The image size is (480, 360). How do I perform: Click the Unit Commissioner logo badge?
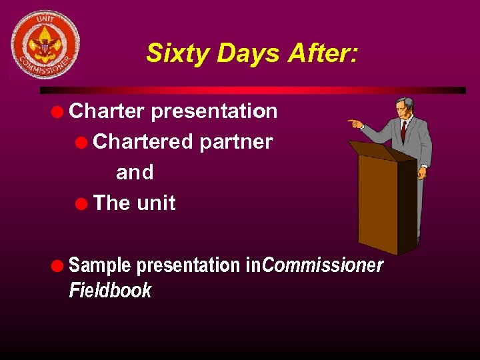click(45, 45)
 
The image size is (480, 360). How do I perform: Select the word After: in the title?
click(323, 53)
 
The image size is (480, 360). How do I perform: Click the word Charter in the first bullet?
click(107, 111)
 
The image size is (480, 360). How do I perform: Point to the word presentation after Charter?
click(214, 111)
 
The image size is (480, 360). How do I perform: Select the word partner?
click(235, 141)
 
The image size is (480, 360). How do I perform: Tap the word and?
click(135, 172)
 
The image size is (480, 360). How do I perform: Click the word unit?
click(156, 203)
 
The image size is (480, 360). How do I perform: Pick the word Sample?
click(100, 265)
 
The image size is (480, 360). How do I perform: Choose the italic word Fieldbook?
click(110, 291)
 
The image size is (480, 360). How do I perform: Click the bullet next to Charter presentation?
click(59, 111)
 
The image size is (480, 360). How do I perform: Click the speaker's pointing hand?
click(354, 123)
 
